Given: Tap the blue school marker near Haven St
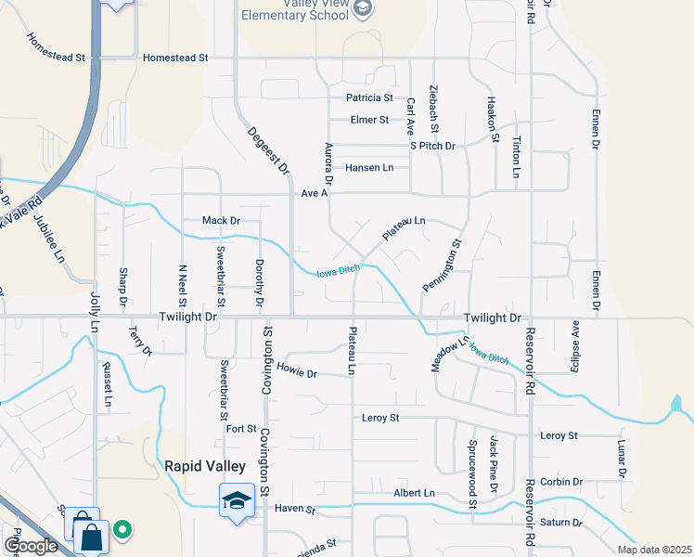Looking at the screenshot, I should point(237,500).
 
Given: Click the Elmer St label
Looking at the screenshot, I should point(369,120).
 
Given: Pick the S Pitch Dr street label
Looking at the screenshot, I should point(433,146).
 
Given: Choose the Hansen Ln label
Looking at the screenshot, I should point(369,168).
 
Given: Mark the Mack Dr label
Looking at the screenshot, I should point(221,221).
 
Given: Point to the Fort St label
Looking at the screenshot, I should point(240,429).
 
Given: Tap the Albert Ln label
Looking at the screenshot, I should point(414,493).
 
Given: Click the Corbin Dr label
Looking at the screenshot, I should point(561,483).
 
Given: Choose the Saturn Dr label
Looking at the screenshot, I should point(560,523).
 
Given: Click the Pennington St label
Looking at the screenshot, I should point(443,267).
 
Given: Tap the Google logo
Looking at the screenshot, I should point(32,546).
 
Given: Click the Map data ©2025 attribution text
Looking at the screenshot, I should point(654,550).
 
